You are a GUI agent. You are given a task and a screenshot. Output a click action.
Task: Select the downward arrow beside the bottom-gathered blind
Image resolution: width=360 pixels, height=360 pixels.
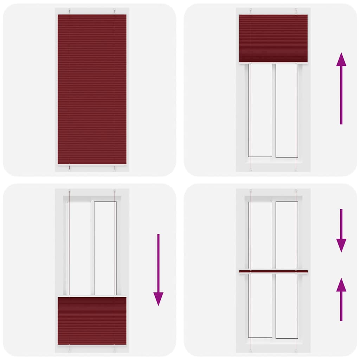coord(158,269)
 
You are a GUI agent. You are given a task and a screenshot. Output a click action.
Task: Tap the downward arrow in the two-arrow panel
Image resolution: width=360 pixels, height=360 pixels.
coord(341,230)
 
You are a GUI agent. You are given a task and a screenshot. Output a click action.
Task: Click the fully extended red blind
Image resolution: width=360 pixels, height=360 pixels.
coord(92,89)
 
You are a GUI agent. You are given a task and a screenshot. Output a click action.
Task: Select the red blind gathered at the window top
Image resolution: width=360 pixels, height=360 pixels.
coord(273,38)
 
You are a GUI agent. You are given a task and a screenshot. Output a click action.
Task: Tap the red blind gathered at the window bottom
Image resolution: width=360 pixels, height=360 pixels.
coord(92,321)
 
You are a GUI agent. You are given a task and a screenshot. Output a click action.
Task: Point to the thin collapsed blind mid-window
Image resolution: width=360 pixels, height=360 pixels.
coord(273,271)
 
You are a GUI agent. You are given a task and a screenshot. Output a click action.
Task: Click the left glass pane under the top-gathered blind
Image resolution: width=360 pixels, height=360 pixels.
coord(261,110)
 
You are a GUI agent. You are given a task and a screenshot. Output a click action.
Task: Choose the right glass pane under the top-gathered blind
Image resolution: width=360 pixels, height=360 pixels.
coord(287,110)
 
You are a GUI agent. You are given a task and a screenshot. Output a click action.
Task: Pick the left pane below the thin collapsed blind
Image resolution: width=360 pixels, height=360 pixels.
coord(261,305)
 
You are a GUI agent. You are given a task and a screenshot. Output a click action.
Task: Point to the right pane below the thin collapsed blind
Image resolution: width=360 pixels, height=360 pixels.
coord(287,305)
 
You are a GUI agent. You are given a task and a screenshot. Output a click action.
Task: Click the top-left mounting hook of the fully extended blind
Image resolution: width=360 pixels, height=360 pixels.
coord(70,11)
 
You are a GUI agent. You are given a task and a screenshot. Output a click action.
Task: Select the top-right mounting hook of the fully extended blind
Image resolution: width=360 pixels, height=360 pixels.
coord(115,11)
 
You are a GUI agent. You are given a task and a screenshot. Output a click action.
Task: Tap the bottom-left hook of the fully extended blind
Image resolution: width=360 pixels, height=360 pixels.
coord(70,168)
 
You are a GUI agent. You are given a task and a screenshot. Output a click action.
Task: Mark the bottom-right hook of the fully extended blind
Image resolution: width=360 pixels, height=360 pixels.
coord(115,168)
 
